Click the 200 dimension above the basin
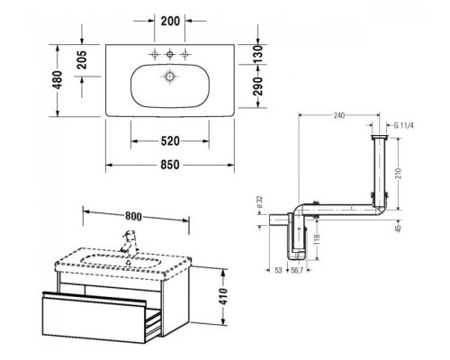[x=170, y=22]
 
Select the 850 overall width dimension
[x=170, y=165]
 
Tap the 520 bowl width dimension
[x=170, y=141]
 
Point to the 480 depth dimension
[x=57, y=80]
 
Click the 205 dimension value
[x=82, y=59]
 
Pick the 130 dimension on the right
[x=257, y=54]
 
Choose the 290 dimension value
[x=257, y=86]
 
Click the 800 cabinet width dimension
[x=134, y=216]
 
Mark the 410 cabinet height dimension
[x=223, y=296]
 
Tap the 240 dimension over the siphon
[x=339, y=115]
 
